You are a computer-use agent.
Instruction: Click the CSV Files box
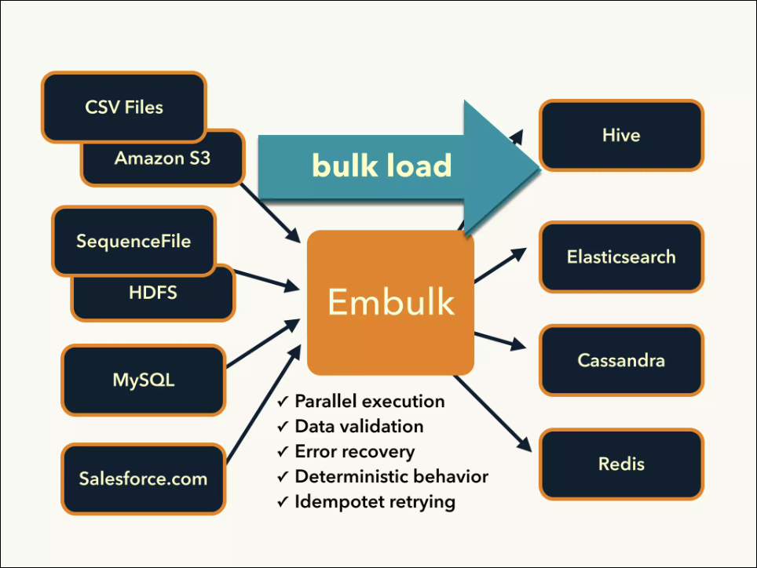[124, 107]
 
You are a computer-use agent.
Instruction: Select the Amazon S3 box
[163, 159]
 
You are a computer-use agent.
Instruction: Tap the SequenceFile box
[133, 241]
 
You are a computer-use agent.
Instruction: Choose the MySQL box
[144, 381]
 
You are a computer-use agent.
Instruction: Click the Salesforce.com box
[144, 479]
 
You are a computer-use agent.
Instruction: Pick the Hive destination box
[621, 135]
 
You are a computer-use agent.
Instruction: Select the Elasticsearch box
[621, 257]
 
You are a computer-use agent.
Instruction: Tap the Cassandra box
[621, 361]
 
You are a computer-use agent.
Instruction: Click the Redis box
[621, 464]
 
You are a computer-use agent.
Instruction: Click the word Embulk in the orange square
[391, 302]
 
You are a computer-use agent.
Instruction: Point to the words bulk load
[382, 166]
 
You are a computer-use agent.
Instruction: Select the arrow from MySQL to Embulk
[264, 343]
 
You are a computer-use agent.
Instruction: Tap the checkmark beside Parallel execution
[283, 402]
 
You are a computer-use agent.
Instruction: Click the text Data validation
[359, 427]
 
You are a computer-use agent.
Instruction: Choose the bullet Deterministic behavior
[391, 477]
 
